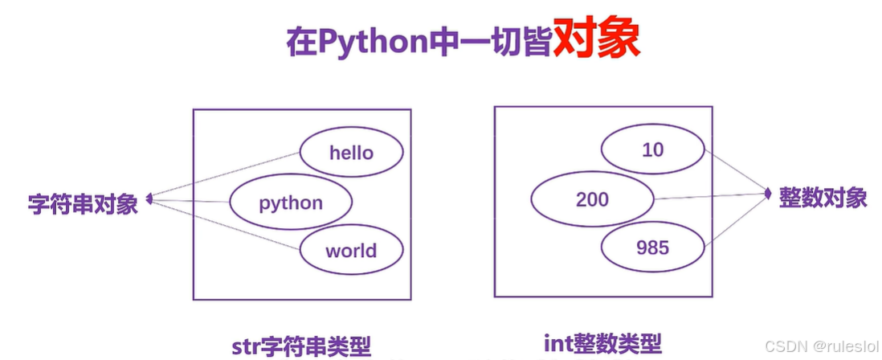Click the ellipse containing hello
351,153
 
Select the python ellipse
290,202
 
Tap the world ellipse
351,250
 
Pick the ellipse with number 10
653,149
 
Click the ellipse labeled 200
593,198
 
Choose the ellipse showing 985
652,247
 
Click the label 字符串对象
83,203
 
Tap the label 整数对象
823,198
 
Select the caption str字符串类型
300,346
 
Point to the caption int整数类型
602,345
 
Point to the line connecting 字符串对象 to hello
225,174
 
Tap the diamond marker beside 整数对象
768,193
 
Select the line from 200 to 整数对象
707,196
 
